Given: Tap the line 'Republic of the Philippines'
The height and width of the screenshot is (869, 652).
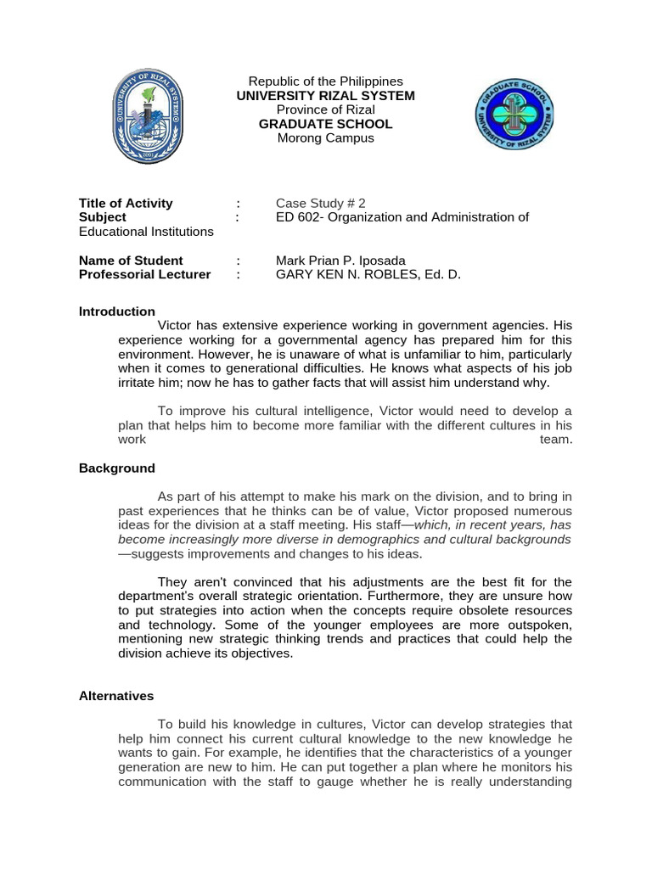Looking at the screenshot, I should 325,81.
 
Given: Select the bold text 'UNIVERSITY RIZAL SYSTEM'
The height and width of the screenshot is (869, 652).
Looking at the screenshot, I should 325,96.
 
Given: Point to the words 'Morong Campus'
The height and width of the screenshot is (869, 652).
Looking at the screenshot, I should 325,137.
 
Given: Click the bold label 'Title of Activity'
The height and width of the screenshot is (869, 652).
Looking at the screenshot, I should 126,203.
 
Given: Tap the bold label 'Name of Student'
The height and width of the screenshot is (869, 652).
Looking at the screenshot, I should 131,261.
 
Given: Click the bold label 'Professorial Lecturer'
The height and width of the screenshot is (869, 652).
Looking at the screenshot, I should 144,275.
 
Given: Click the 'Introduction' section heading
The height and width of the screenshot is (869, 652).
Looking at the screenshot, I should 117,311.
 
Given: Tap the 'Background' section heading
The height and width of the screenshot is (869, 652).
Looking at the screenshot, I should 117,468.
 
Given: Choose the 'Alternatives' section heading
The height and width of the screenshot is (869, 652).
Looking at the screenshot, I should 116,696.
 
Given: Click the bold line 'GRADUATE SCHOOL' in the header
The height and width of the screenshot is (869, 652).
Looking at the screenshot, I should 325,124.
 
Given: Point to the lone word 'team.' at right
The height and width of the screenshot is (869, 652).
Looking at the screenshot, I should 556,440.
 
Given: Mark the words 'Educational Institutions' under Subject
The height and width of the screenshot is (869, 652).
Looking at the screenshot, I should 147,231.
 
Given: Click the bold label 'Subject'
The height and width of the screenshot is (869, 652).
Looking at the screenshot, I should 102,217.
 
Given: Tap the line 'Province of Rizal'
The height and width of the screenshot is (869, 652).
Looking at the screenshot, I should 325,109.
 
